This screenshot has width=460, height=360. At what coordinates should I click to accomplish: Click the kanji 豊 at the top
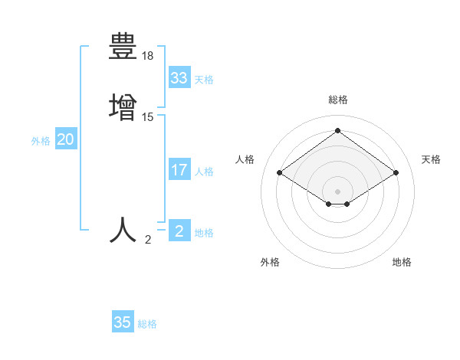(x=123, y=47)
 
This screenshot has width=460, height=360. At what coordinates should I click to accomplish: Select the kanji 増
(x=123, y=106)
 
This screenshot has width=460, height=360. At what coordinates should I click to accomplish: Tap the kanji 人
(x=123, y=230)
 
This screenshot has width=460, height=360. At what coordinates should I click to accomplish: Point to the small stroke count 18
(x=148, y=57)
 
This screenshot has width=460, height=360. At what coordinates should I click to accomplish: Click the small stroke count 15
(x=148, y=117)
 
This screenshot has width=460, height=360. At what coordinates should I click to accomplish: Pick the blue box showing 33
(x=179, y=78)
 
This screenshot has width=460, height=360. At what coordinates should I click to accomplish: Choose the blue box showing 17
(x=179, y=170)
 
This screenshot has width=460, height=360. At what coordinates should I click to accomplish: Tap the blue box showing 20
(x=66, y=139)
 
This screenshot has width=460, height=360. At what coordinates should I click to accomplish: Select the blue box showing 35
(x=123, y=322)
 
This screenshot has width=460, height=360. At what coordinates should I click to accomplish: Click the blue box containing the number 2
(x=179, y=231)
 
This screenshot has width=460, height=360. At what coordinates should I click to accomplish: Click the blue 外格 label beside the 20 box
(x=41, y=141)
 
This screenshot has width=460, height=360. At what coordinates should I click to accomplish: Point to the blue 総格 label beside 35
(x=147, y=324)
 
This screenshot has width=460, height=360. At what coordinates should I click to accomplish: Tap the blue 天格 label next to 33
(x=204, y=80)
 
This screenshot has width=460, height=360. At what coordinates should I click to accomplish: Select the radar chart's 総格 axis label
(x=337, y=100)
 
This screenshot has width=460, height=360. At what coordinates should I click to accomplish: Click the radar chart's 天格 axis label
(x=431, y=159)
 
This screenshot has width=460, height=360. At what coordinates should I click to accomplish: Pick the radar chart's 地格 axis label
(x=402, y=262)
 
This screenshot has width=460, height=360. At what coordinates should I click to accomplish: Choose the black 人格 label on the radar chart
(x=245, y=159)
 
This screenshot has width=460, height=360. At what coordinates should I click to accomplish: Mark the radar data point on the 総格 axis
(x=337, y=131)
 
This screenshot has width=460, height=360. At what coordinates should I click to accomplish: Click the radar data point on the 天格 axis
(x=396, y=173)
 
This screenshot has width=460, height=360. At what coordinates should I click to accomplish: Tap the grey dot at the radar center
(x=337, y=191)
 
